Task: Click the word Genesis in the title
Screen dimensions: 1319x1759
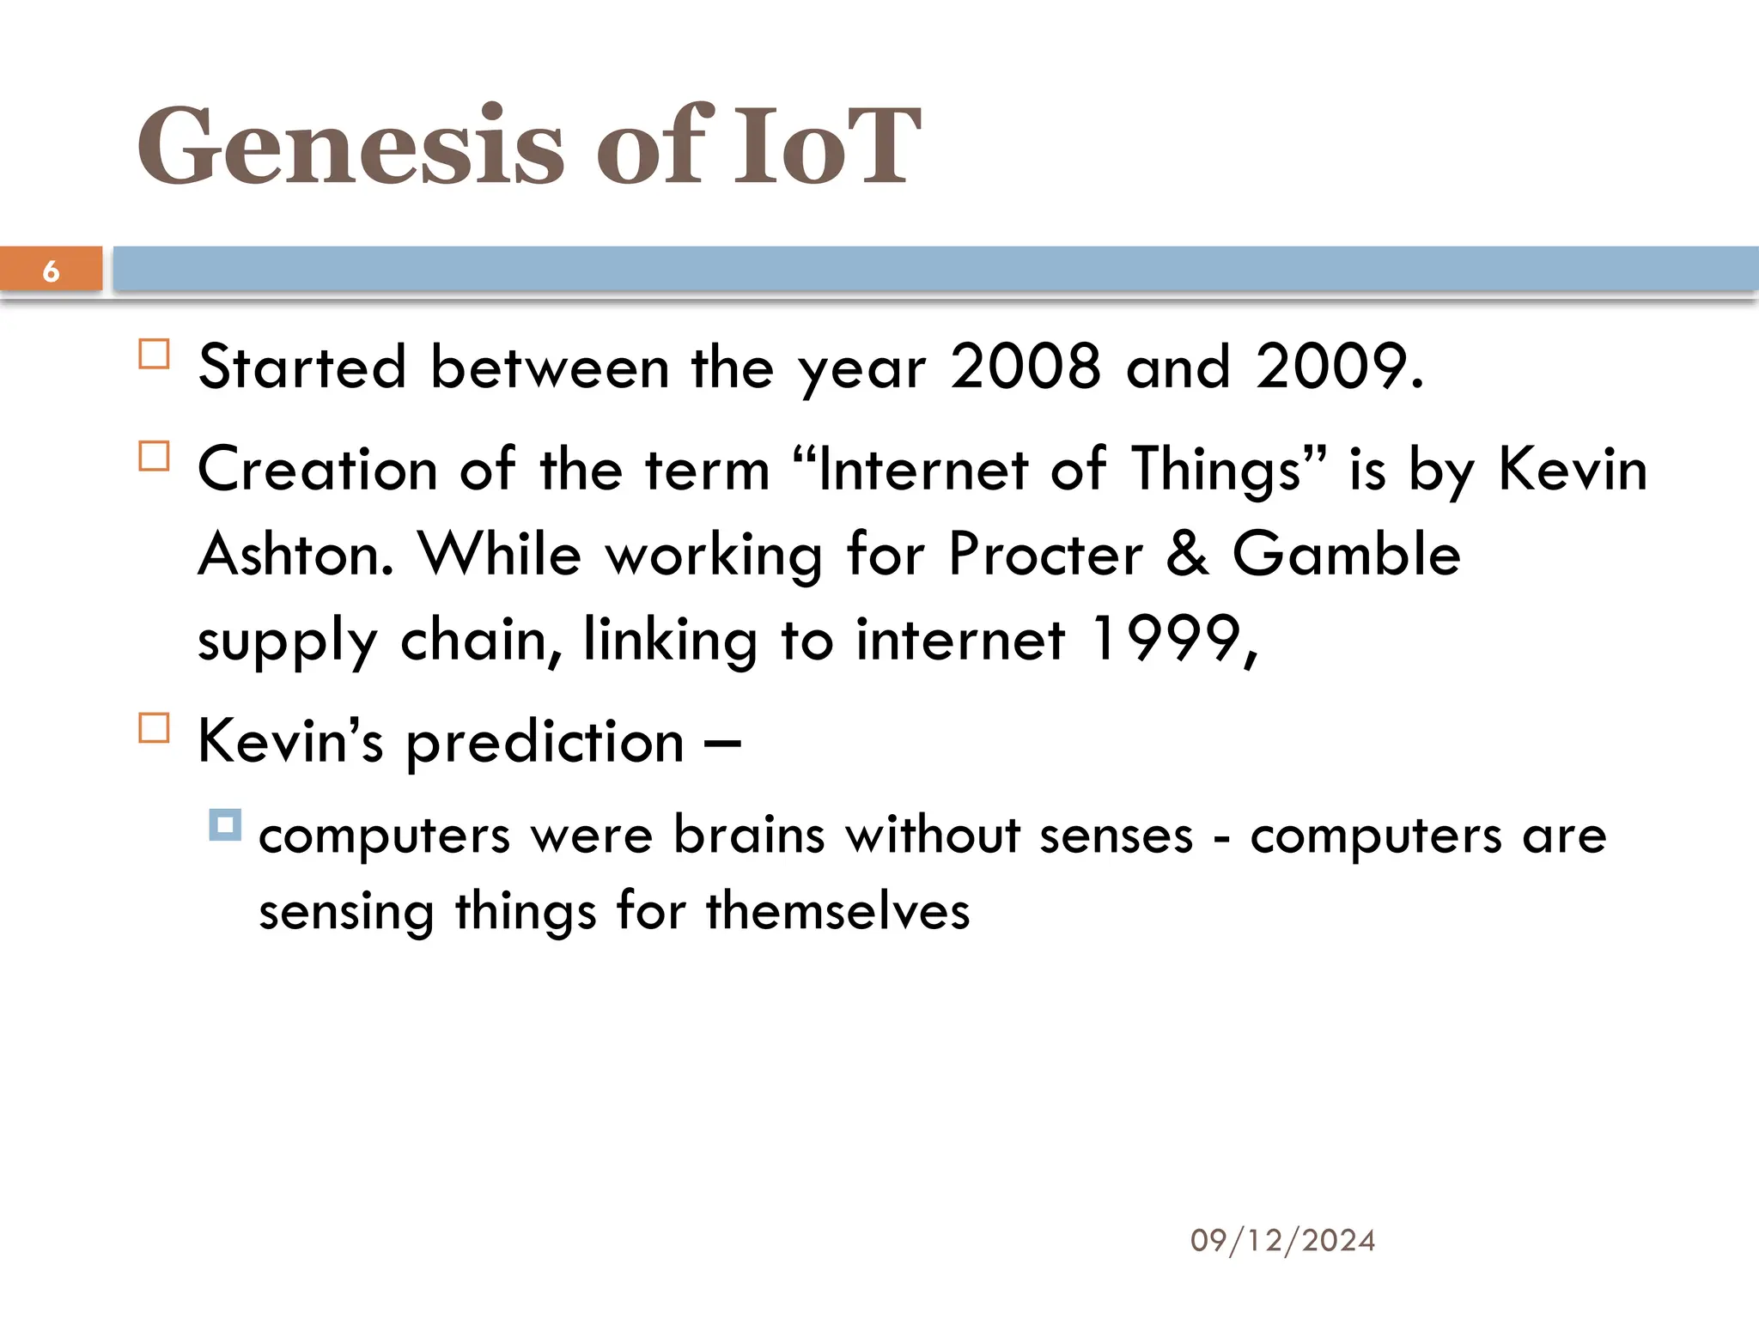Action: pyautogui.click(x=350, y=146)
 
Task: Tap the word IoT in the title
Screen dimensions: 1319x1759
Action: pyautogui.click(x=826, y=146)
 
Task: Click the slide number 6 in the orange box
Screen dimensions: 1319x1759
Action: pyautogui.click(x=51, y=271)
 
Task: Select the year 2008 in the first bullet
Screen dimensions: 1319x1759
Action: pyautogui.click(x=1025, y=367)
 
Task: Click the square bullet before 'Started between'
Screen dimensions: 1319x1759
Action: pyautogui.click(x=154, y=355)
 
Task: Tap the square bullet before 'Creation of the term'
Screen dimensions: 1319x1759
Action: pyautogui.click(x=154, y=456)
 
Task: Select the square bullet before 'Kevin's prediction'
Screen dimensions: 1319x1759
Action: pyautogui.click(x=154, y=728)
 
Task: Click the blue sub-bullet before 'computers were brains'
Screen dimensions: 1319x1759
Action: pyautogui.click(x=225, y=825)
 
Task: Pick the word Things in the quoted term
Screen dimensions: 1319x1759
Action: pyautogui.click(x=1216, y=470)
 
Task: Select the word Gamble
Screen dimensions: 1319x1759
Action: pyautogui.click(x=1346, y=554)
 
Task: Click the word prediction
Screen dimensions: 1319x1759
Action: pyautogui.click(x=545, y=743)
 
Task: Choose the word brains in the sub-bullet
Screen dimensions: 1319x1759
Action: pyautogui.click(x=749, y=836)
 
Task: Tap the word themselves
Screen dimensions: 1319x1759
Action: pyautogui.click(x=837, y=911)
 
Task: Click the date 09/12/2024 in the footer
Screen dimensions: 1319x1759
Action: pyautogui.click(x=1282, y=1241)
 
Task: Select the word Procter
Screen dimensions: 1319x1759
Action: pyautogui.click(x=1045, y=554)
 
